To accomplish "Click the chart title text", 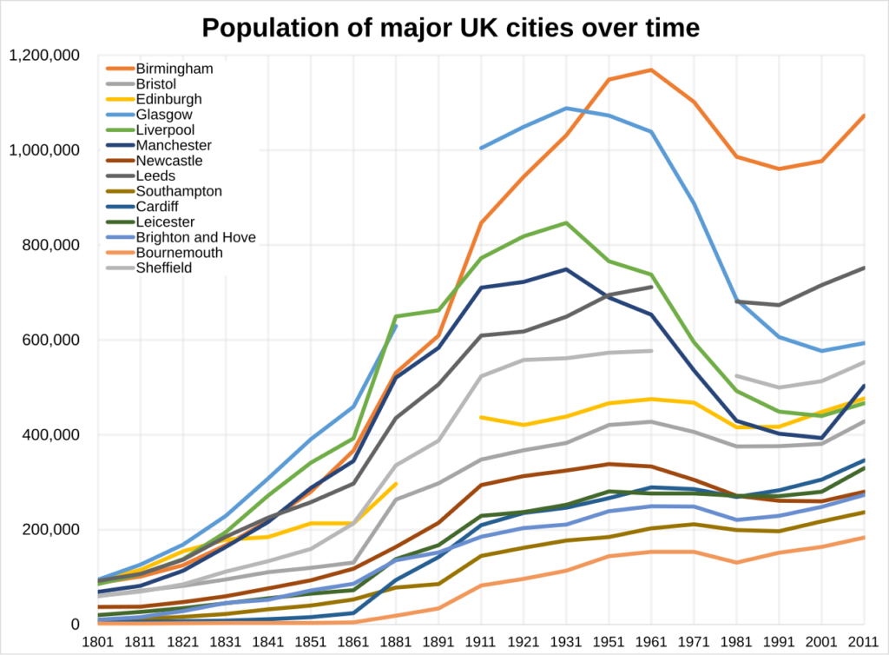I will [x=450, y=28].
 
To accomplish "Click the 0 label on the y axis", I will [x=76, y=625].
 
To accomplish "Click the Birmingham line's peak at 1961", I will [x=651, y=69].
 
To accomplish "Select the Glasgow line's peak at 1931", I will [x=566, y=109].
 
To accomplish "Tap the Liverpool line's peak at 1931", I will [x=566, y=222].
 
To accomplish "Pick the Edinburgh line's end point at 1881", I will [x=396, y=483].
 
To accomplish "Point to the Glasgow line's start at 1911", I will [x=480, y=148].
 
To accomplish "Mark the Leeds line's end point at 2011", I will [x=864, y=268].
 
